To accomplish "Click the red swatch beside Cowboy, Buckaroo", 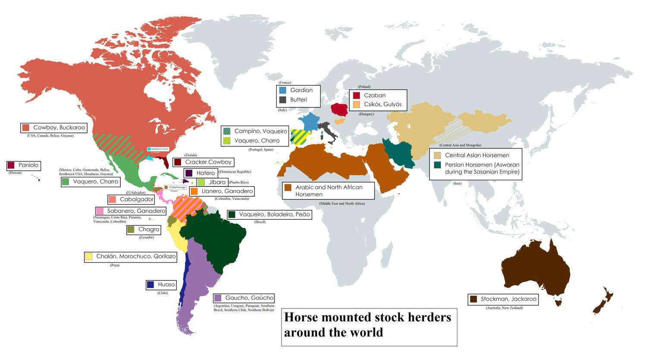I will point(26,128).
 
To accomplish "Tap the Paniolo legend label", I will point(28,165).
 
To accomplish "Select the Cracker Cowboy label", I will point(208,162).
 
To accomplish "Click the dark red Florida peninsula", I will point(164,163).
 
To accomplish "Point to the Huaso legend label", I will point(166,285).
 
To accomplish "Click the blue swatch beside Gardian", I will point(283,91).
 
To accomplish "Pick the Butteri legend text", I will point(298,100).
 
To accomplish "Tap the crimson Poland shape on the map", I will point(340,110).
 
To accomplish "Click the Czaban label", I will point(375,95).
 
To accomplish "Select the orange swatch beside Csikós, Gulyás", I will point(356,104).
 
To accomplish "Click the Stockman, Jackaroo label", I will point(509,299).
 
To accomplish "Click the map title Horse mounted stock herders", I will point(367,318).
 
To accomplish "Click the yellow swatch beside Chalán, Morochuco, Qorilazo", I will point(89,256).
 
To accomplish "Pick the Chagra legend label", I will point(149,230).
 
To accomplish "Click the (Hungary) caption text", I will point(366,114).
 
